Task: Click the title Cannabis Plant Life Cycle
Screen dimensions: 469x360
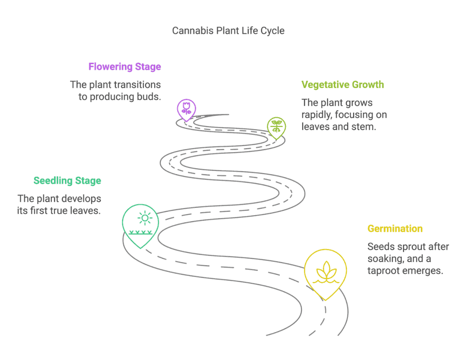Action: (x=228, y=31)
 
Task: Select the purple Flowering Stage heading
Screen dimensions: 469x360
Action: (x=125, y=67)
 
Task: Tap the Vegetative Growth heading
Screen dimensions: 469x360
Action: (x=343, y=85)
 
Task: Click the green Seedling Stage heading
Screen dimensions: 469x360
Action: (x=67, y=181)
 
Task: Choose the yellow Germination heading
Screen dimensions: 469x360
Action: (x=395, y=229)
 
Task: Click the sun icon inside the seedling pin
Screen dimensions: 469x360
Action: (x=145, y=218)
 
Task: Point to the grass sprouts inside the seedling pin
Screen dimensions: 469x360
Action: (x=140, y=232)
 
